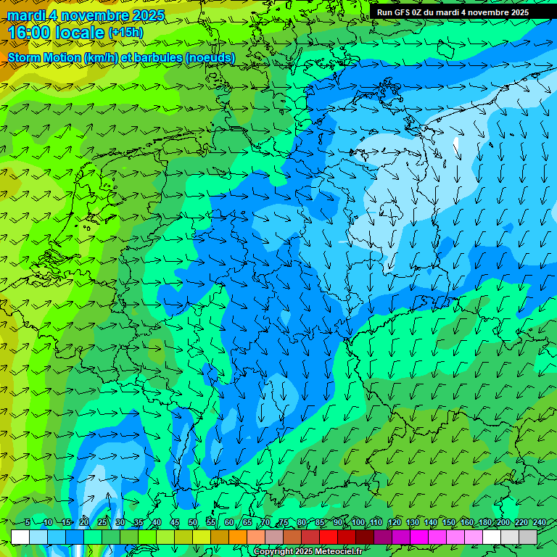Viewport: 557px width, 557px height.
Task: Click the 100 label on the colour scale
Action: (358, 522)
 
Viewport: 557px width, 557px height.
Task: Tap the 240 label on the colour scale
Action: (539, 522)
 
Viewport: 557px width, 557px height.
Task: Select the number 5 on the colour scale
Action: (28, 522)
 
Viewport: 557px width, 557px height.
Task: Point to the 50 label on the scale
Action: (192, 522)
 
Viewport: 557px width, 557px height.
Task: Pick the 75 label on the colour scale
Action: (284, 522)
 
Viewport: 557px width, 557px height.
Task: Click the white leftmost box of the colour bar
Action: (20, 537)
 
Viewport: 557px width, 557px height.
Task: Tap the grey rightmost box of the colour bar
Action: (528, 537)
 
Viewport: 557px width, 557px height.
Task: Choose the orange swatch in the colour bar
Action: (238, 537)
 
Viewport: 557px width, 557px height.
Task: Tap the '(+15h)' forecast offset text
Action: (125, 33)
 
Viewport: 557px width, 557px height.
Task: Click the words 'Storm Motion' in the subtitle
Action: (44, 57)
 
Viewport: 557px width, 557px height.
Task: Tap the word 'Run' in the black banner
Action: (384, 12)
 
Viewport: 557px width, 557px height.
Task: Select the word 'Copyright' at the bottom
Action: (273, 552)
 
